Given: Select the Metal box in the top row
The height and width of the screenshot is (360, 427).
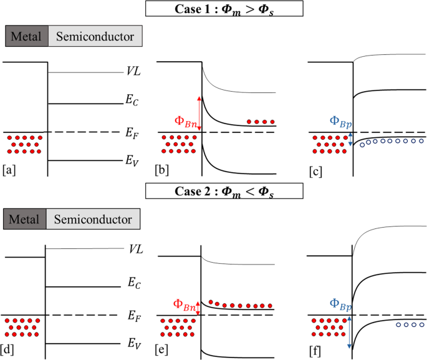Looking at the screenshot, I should coord(26,37).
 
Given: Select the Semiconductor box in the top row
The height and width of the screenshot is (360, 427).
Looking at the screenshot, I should coord(95,37).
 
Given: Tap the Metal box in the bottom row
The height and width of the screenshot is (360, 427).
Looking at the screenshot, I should coord(24,220).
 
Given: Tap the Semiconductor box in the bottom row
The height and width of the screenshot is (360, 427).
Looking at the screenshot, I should coord(93,220).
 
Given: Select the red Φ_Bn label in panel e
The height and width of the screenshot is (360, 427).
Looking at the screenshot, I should coord(185,305).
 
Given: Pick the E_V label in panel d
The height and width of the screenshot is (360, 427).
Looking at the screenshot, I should coord(133,343).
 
